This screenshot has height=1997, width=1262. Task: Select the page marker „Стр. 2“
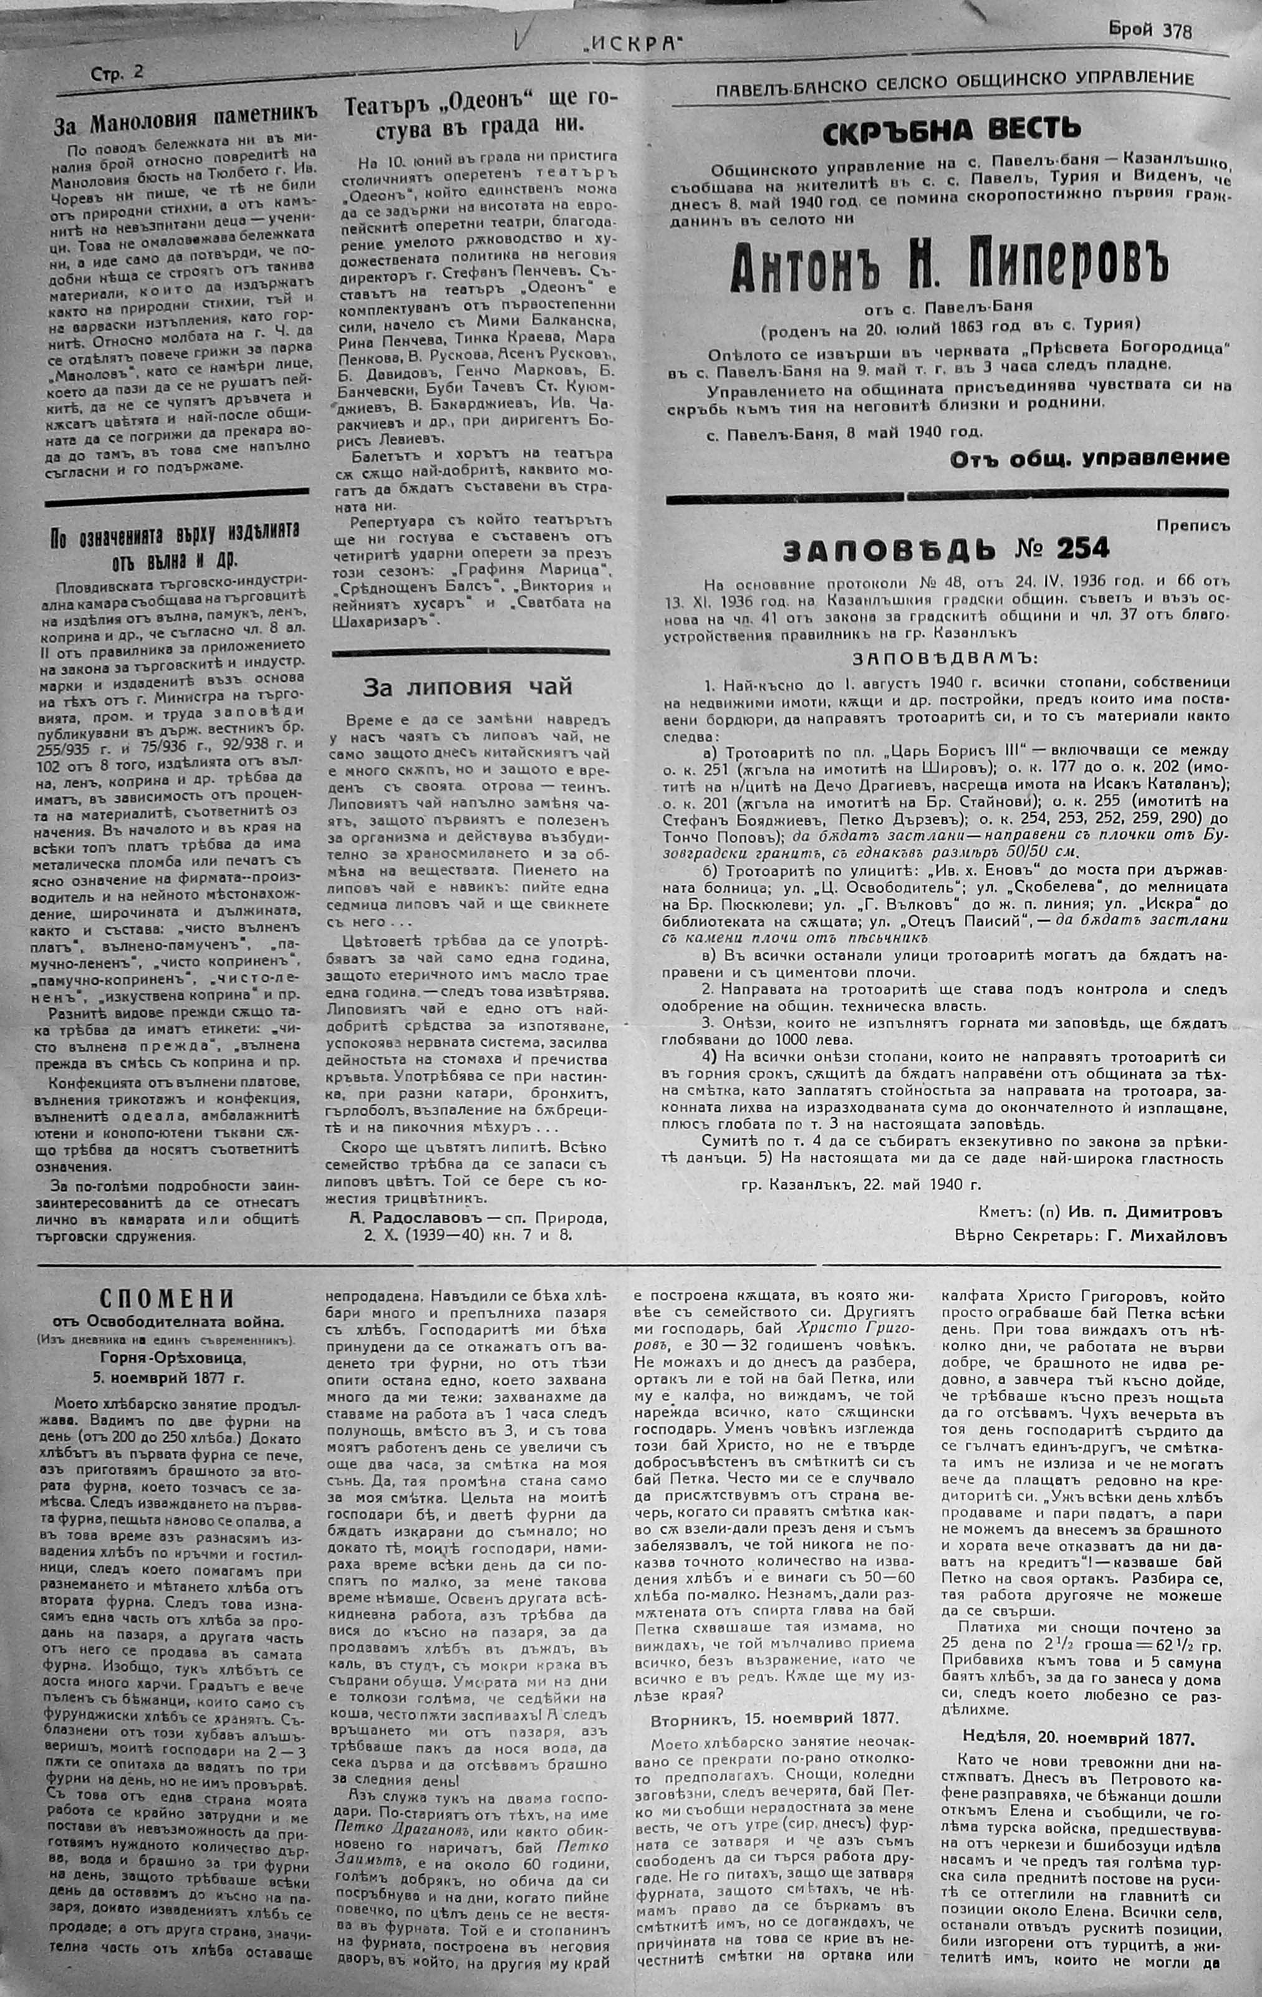tap(117, 73)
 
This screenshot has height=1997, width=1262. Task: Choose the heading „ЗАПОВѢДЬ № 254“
tap(946, 549)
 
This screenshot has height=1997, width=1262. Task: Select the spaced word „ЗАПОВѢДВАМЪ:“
tap(945, 659)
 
